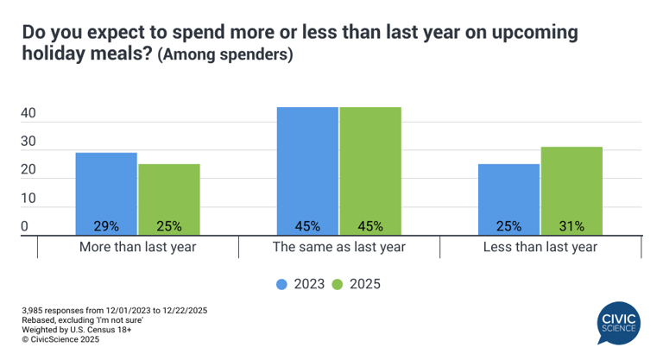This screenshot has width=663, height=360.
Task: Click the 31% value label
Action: (x=571, y=226)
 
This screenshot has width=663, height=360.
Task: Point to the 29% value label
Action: (x=106, y=226)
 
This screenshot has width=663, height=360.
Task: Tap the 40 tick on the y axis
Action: (x=28, y=113)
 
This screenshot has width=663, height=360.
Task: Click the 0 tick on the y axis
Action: (x=25, y=226)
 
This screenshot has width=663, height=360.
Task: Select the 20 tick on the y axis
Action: (x=28, y=170)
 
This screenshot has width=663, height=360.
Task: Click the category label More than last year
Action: (x=138, y=247)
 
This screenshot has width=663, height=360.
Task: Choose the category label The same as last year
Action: (x=338, y=247)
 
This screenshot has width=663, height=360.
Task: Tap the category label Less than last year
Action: (x=540, y=247)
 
